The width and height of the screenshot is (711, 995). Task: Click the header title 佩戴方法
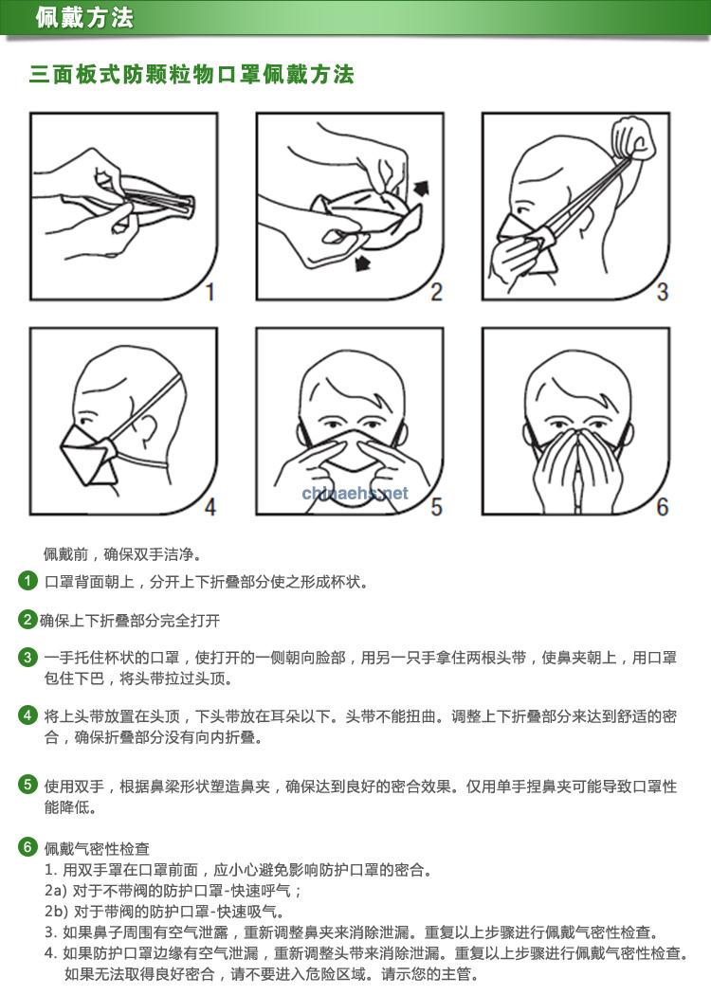pyautogui.click(x=83, y=17)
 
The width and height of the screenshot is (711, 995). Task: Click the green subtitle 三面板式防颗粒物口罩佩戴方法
pyautogui.click(x=191, y=74)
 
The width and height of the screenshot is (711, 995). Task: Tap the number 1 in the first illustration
pyautogui.click(x=210, y=291)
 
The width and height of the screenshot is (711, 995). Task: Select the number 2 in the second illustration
pyautogui.click(x=436, y=291)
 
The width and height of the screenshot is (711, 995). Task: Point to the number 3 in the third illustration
pyautogui.click(x=662, y=291)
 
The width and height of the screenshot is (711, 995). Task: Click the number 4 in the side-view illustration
pyautogui.click(x=210, y=506)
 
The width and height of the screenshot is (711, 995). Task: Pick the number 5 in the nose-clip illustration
pyautogui.click(x=436, y=506)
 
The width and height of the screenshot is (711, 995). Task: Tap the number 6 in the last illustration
pyautogui.click(x=662, y=506)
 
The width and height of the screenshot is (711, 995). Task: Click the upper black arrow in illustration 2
pyautogui.click(x=421, y=188)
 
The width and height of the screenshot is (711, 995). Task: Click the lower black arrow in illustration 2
pyautogui.click(x=362, y=262)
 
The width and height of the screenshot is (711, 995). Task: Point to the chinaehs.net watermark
pyautogui.click(x=355, y=493)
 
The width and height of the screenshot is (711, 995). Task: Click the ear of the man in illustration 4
pyautogui.click(x=148, y=429)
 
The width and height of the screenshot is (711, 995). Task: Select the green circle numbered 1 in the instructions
pyautogui.click(x=27, y=580)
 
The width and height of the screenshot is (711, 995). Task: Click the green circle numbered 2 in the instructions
pyautogui.click(x=27, y=620)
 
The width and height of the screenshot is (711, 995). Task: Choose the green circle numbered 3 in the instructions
pyautogui.click(x=27, y=656)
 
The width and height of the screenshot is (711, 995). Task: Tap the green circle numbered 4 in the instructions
pyautogui.click(x=27, y=715)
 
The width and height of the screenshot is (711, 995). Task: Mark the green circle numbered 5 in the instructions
pyautogui.click(x=27, y=785)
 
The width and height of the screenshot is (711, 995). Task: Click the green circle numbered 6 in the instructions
pyautogui.click(x=27, y=846)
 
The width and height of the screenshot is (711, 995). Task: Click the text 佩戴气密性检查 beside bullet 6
pyautogui.click(x=97, y=848)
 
